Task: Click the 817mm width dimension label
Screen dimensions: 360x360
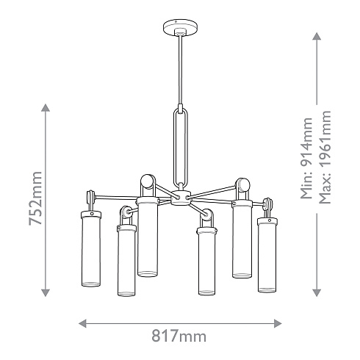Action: pos(179,336)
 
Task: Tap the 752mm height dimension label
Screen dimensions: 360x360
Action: pos(36,198)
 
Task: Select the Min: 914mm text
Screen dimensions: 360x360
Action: pos(306,158)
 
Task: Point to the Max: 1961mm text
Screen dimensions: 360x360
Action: pos(325,157)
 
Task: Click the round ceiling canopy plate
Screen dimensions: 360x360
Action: pos(181,27)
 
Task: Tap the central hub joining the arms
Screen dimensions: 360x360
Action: pos(181,198)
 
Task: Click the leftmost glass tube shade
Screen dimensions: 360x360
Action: pos(91,248)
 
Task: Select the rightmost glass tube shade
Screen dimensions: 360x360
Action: pos(267,255)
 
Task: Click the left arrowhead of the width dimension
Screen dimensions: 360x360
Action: pos(82,323)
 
